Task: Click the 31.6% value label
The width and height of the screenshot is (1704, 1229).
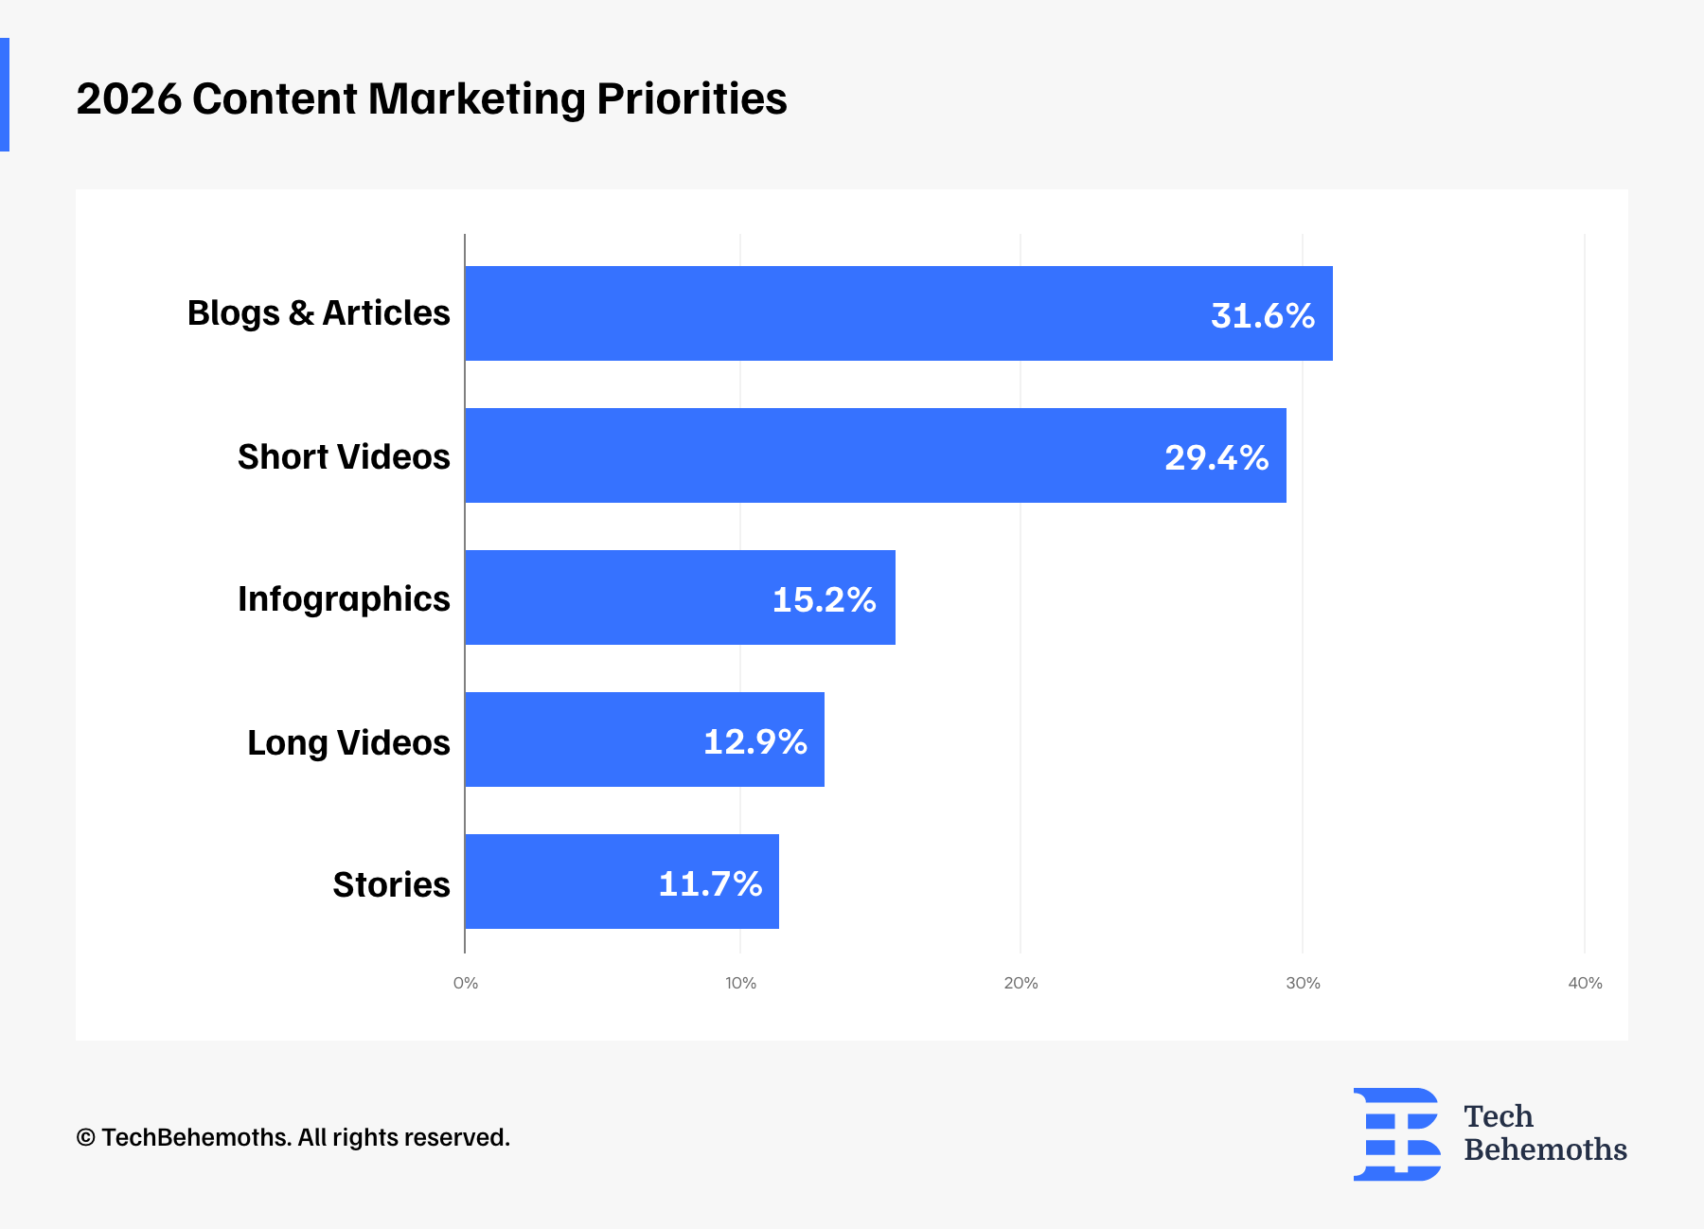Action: (x=1262, y=315)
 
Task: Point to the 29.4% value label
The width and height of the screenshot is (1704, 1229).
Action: (x=1216, y=457)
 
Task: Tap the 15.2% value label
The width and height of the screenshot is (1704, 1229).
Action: (x=824, y=599)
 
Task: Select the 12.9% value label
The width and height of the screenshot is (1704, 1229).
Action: (x=754, y=741)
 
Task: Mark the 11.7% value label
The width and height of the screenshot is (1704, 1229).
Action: (x=710, y=883)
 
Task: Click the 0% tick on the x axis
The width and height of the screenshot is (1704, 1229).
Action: (x=465, y=983)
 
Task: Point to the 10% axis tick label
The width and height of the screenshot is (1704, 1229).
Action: (x=740, y=983)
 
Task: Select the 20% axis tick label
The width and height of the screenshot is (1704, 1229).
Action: (x=1021, y=983)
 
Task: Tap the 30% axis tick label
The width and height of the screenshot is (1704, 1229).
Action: (x=1303, y=983)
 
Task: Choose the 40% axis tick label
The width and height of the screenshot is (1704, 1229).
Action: (x=1585, y=983)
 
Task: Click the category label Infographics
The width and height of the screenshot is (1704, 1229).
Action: (x=344, y=598)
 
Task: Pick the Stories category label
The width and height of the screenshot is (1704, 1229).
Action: (x=391, y=884)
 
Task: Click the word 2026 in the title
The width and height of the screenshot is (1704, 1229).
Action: (x=129, y=98)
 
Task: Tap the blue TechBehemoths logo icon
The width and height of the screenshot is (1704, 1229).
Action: (x=1396, y=1133)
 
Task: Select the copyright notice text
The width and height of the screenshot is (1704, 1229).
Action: (x=293, y=1137)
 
